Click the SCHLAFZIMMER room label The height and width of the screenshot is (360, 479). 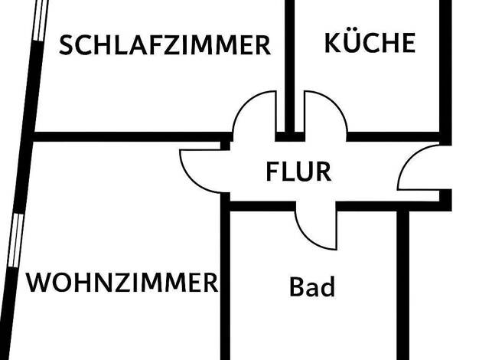click(165, 45)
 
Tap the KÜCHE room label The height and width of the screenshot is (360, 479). click(370, 42)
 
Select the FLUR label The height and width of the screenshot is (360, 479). click(298, 172)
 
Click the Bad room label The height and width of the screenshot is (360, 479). click(312, 288)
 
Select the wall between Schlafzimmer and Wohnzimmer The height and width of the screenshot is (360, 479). click(130, 137)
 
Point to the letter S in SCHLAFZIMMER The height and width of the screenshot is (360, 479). click(67, 45)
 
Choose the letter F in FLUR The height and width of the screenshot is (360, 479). click(273, 172)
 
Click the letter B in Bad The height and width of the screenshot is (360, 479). click(297, 288)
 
